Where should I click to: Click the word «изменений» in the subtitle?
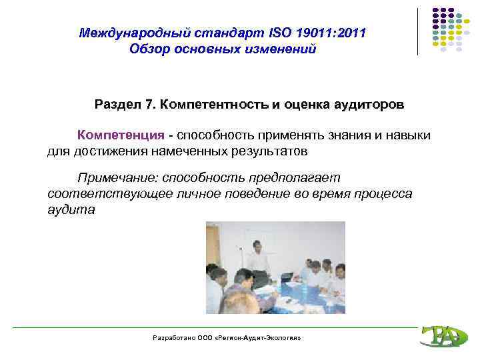277,49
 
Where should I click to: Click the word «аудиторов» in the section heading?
370,105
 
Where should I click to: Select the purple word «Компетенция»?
121,135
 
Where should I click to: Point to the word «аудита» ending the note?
71,210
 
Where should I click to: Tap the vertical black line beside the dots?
418,31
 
